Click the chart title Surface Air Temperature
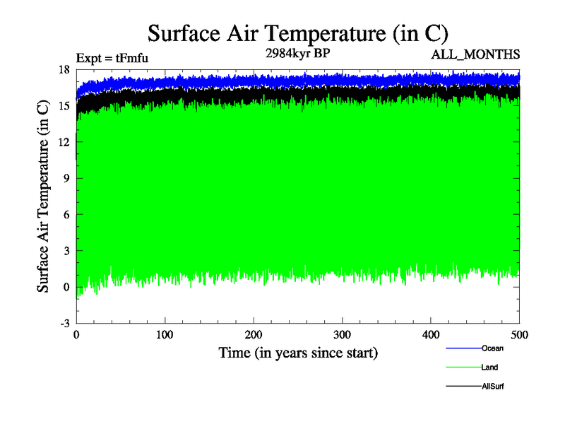(297, 33)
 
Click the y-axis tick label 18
(64, 69)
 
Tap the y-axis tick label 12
(64, 141)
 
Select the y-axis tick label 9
(66, 178)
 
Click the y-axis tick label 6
(66, 214)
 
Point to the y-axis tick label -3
(64, 323)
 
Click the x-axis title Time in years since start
(298, 352)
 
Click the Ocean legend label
(493, 348)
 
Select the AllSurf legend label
(493, 386)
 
